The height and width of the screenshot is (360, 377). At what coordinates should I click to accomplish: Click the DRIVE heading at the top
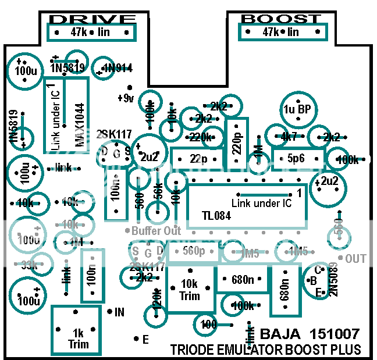tap(94, 19)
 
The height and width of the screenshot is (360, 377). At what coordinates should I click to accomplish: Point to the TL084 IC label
tap(216, 216)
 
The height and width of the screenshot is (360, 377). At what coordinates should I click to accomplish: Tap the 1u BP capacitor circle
tap(297, 109)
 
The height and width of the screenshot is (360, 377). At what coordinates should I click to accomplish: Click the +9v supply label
tap(125, 98)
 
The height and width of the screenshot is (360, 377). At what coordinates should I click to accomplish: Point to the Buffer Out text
tap(156, 231)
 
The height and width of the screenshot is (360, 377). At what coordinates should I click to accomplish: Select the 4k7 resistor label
tap(289, 137)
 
